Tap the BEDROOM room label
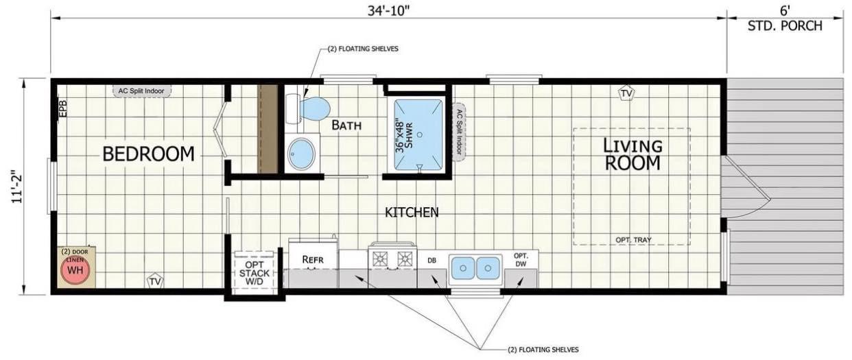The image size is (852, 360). click(148, 154)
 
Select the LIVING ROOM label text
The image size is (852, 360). click(632, 154)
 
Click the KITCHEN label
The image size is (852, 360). click(412, 213)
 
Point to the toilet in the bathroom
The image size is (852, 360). click(310, 108)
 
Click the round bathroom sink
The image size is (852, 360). click(301, 154)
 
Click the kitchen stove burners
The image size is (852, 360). click(392, 259)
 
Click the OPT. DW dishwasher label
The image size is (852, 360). click(521, 260)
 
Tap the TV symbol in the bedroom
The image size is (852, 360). click(155, 281)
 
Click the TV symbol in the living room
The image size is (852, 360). click(625, 93)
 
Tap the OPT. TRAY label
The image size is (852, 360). click(633, 240)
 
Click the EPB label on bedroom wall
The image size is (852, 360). click(62, 108)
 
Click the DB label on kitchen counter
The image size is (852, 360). click(432, 261)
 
